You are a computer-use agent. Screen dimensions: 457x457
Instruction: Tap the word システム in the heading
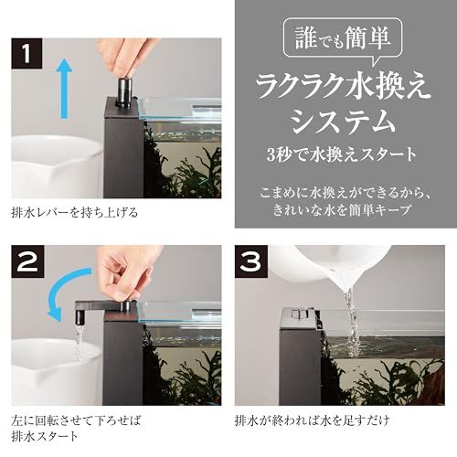[342, 121]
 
